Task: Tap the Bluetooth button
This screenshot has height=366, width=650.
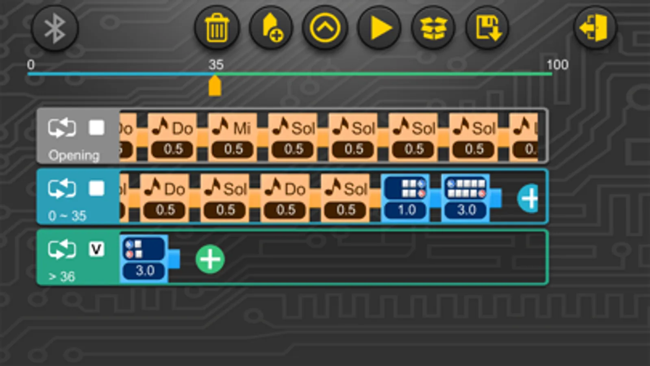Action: click(x=55, y=28)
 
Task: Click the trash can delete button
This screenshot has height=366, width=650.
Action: click(x=217, y=28)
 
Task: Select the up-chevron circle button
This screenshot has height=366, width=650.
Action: click(x=324, y=28)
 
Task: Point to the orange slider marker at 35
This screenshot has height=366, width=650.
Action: click(x=215, y=86)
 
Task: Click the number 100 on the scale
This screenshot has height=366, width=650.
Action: click(x=557, y=65)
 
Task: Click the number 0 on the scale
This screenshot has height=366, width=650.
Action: click(x=31, y=65)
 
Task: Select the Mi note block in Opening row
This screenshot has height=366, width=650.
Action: click(x=233, y=137)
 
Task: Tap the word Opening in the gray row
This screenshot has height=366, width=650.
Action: click(x=74, y=155)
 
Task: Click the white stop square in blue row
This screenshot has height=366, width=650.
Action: click(x=96, y=189)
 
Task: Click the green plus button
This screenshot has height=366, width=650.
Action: click(x=210, y=259)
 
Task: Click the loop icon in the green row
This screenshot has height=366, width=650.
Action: click(x=62, y=249)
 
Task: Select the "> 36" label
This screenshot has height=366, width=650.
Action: click(x=62, y=277)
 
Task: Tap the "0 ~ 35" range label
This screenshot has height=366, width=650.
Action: click(x=67, y=216)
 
